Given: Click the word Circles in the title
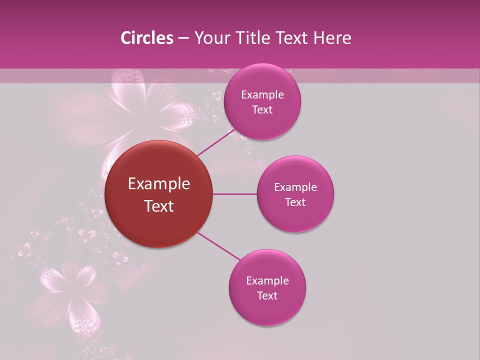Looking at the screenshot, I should [x=146, y=38].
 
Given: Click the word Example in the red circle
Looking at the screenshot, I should [x=159, y=184].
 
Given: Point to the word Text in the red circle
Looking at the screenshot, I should [x=159, y=206].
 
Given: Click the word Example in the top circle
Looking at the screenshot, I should [x=262, y=95].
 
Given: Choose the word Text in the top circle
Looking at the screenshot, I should [x=262, y=110].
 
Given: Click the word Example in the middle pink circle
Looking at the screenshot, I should [x=295, y=187].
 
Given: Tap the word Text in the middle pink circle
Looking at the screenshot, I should [x=295, y=202].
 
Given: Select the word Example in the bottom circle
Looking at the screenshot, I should [x=267, y=281].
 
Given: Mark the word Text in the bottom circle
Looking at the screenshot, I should [x=267, y=296].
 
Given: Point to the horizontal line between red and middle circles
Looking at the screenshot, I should [x=235, y=194].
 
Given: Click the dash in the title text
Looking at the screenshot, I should [x=183, y=38].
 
